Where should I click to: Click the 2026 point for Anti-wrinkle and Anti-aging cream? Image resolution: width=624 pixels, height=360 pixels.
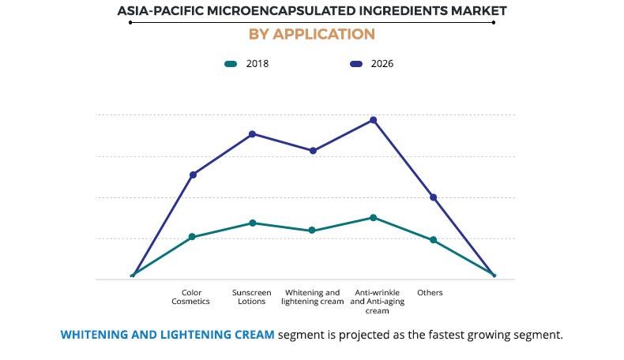pyautogui.click(x=373, y=120)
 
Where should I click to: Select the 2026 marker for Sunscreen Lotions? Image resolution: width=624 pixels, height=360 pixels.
pyautogui.click(x=252, y=134)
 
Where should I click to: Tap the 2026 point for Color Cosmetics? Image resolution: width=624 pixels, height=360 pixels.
pyautogui.click(x=193, y=174)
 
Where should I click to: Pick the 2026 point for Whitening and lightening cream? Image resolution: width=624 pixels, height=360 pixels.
pyautogui.click(x=313, y=151)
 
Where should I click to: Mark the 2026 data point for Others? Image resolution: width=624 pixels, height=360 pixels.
pyautogui.click(x=433, y=197)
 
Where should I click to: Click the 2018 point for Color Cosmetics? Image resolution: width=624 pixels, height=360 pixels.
pyautogui.click(x=193, y=237)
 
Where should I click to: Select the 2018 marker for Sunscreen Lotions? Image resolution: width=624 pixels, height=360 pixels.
pyautogui.click(x=252, y=223)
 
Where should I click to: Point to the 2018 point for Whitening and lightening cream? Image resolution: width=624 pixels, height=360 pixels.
pyautogui.click(x=312, y=231)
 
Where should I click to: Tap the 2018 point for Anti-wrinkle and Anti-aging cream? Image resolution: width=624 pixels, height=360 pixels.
pyautogui.click(x=373, y=217)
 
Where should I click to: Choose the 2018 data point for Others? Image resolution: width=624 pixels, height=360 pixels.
pyautogui.click(x=433, y=240)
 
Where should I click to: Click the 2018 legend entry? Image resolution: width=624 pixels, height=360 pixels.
pyautogui.click(x=246, y=64)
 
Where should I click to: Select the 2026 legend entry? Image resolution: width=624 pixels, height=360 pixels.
pyautogui.click(x=370, y=64)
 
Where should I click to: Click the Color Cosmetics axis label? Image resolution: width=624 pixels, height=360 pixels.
pyautogui.click(x=191, y=297)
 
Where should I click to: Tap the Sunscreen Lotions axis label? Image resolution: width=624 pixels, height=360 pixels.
pyautogui.click(x=251, y=297)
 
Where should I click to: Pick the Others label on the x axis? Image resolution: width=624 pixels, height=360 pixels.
pyautogui.click(x=430, y=293)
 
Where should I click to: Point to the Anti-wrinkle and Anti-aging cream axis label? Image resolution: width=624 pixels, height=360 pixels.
pyautogui.click(x=371, y=301)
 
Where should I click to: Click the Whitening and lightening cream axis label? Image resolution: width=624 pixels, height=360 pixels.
pyautogui.click(x=312, y=297)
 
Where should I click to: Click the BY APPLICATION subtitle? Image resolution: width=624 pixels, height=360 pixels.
pyautogui.click(x=311, y=34)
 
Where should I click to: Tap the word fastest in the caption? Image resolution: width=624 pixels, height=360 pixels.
pyautogui.click(x=450, y=335)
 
